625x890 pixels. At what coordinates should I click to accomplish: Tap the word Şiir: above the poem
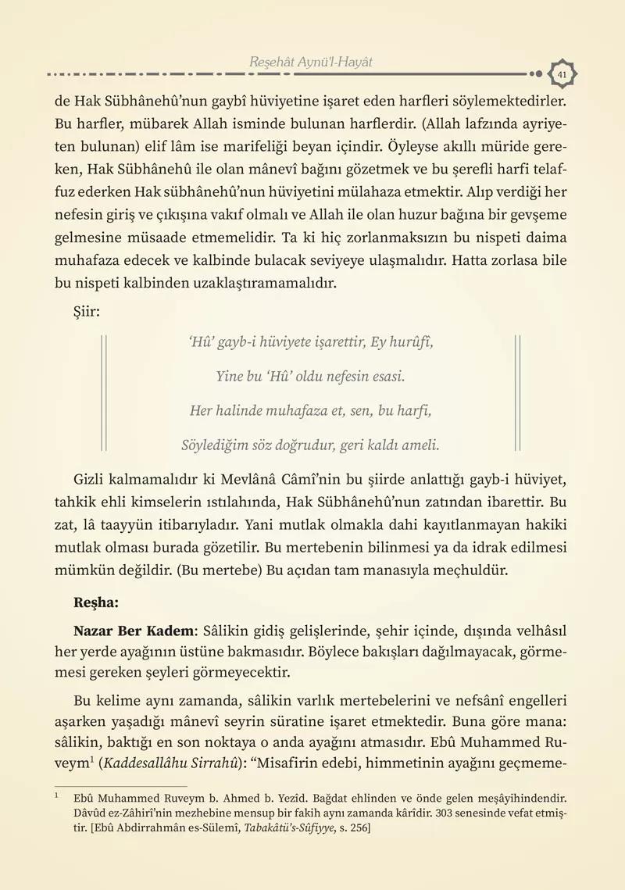click(x=87, y=313)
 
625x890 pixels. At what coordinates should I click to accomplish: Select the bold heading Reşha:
click(x=96, y=604)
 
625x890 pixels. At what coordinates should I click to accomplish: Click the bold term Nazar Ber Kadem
click(x=132, y=630)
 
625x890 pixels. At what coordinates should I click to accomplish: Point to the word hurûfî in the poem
click(x=410, y=342)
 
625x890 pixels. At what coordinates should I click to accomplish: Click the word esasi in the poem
click(x=386, y=377)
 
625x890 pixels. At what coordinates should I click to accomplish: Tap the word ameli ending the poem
click(x=420, y=445)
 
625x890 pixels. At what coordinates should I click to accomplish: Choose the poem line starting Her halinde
click(x=310, y=411)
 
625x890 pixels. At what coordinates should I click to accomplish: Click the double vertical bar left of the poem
click(x=105, y=394)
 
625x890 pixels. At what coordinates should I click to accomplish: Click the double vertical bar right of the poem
click(x=517, y=394)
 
